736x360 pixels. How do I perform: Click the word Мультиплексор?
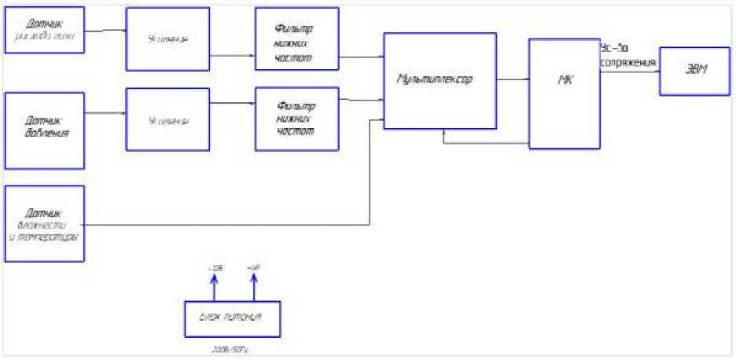(x=436, y=79)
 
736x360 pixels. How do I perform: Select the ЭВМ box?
(x=694, y=71)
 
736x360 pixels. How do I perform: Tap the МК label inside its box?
(x=564, y=81)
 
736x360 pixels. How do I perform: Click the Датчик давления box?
(x=44, y=130)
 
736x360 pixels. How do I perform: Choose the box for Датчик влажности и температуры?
(x=44, y=223)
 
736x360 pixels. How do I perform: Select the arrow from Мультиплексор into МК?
(x=513, y=79)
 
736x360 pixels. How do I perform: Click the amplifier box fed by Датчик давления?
(x=167, y=119)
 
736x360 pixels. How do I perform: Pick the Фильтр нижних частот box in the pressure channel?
(x=296, y=119)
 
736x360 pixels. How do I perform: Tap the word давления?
(x=44, y=134)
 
